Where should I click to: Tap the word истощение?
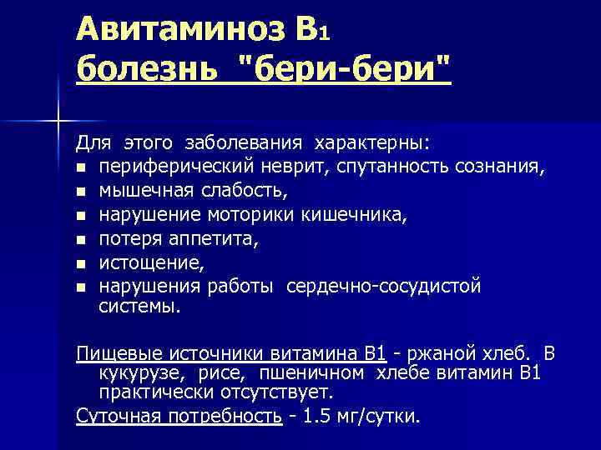coord(150,263)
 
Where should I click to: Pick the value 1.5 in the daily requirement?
coord(315,415)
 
